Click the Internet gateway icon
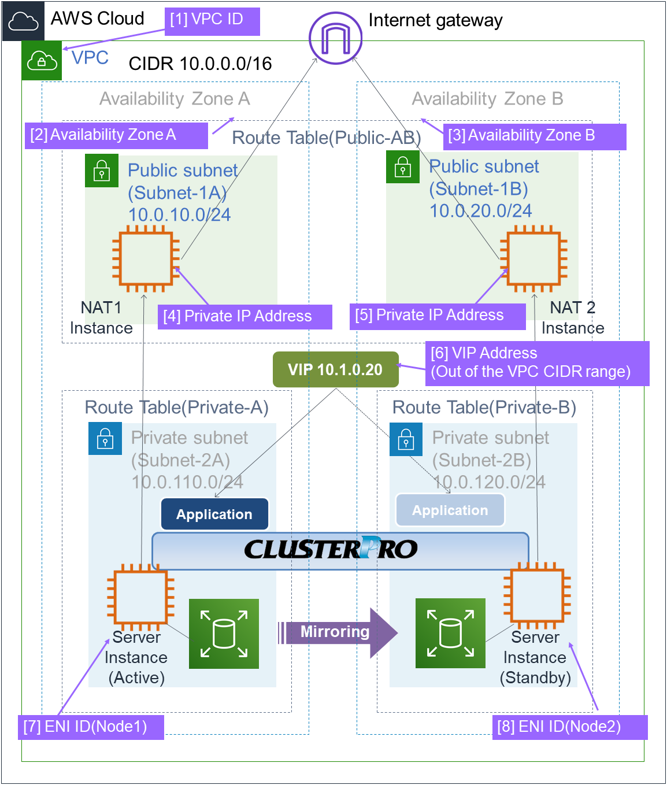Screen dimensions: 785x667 pyautogui.click(x=335, y=38)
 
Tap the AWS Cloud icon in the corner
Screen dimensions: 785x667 pyautogui.click(x=23, y=21)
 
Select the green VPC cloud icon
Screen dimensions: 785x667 pyautogui.click(x=42, y=60)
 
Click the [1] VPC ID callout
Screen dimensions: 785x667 pyautogui.click(x=212, y=21)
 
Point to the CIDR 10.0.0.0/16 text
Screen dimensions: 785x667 pyautogui.click(x=200, y=64)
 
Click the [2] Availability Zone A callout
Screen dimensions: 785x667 pyautogui.click(x=116, y=135)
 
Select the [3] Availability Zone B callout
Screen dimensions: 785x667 pyautogui.click(x=534, y=136)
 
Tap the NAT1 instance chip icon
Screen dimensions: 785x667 pyautogui.click(x=146, y=258)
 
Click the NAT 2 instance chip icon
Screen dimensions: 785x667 pyautogui.click(x=533, y=258)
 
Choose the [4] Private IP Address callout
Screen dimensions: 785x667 pyautogui.click(x=244, y=317)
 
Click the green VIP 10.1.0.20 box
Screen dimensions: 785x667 pyautogui.click(x=335, y=369)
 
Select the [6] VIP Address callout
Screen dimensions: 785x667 pyautogui.click(x=537, y=363)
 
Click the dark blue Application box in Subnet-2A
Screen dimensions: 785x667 pyautogui.click(x=214, y=514)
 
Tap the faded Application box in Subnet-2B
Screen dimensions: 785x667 pyautogui.click(x=450, y=510)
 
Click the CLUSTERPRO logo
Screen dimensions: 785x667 pyautogui.click(x=332, y=549)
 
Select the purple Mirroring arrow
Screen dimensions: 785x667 pyautogui.click(x=338, y=632)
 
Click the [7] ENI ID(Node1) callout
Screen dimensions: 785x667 pyautogui.click(x=91, y=727)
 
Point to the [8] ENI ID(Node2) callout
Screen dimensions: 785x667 pyautogui.click(x=569, y=727)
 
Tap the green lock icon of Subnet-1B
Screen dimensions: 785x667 pyautogui.click(x=402, y=168)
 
